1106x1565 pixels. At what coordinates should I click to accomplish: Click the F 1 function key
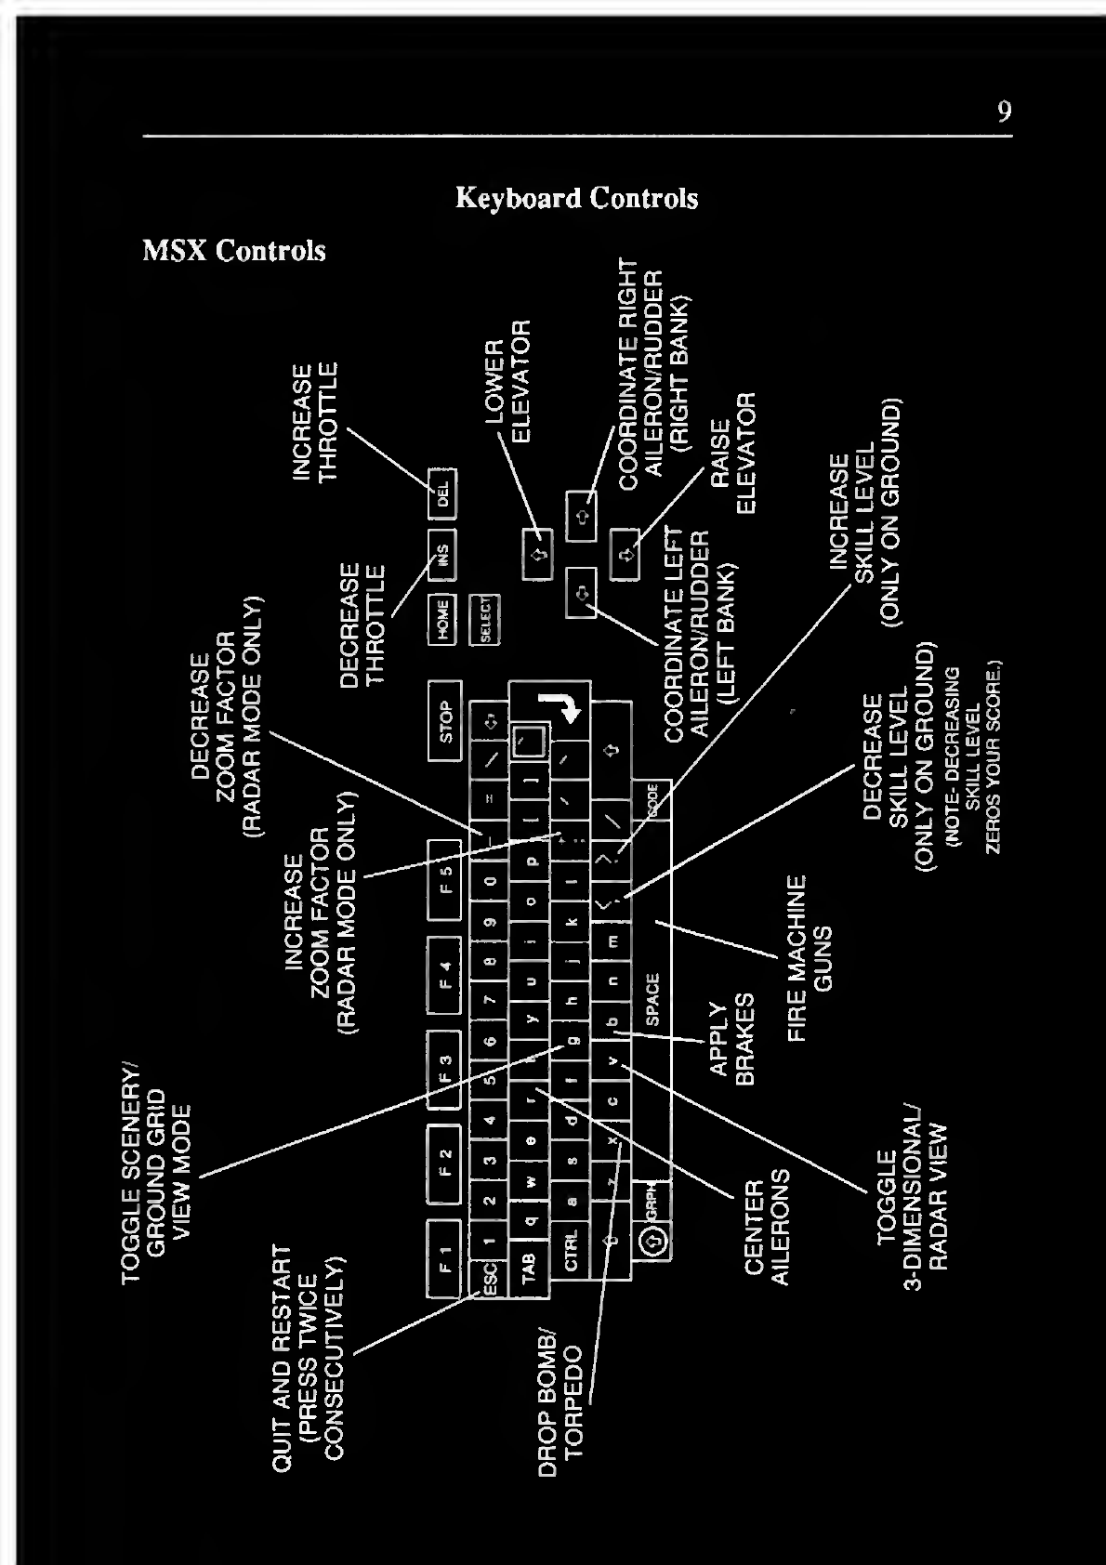pyautogui.click(x=444, y=1258)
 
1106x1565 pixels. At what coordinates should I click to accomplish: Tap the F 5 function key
pyautogui.click(x=444, y=879)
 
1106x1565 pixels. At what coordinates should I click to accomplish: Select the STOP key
pyautogui.click(x=445, y=721)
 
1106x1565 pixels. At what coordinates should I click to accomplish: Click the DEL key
pyautogui.click(x=442, y=493)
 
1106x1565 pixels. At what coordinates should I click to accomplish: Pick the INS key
pyautogui.click(x=442, y=556)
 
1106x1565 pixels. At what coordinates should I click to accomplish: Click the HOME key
pyautogui.click(x=442, y=618)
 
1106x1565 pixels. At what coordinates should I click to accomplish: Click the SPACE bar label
pyautogui.click(x=652, y=998)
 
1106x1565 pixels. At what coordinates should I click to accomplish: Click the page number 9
pyautogui.click(x=1004, y=112)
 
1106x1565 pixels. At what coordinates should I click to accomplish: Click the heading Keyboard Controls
pyautogui.click(x=576, y=198)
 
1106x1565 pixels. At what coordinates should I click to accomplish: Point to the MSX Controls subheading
pyautogui.click(x=234, y=251)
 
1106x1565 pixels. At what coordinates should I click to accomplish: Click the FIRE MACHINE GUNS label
pyautogui.click(x=810, y=957)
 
